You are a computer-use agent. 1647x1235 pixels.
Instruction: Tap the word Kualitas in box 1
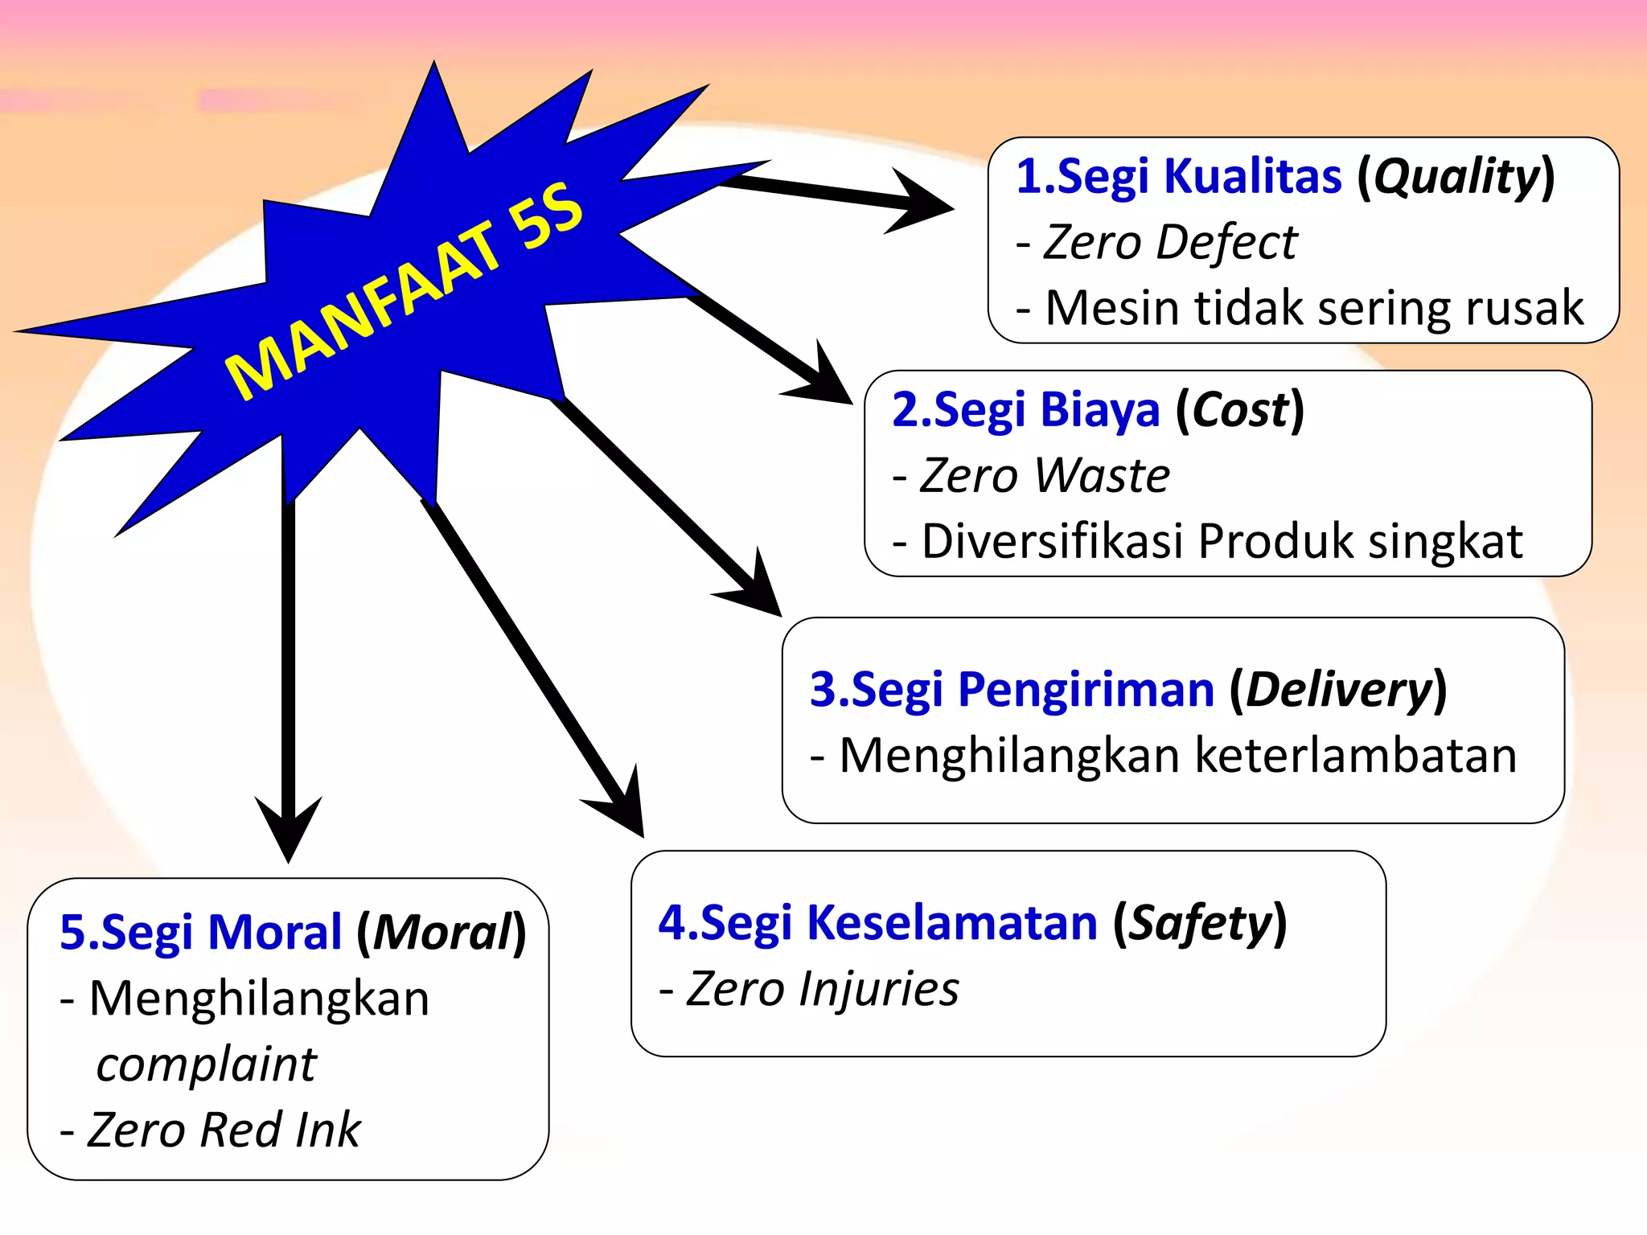(x=1252, y=176)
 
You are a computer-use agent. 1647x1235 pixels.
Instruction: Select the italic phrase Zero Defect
(x=1170, y=242)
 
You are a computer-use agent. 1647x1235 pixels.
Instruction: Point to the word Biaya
(x=1099, y=410)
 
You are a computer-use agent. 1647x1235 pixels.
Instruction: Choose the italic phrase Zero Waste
(x=1045, y=475)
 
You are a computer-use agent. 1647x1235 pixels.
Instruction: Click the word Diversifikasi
(x=1053, y=541)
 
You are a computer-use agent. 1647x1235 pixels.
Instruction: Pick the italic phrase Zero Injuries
(x=822, y=988)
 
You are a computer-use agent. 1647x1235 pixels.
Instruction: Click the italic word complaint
(x=206, y=1065)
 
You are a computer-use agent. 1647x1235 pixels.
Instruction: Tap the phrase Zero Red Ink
(x=224, y=1130)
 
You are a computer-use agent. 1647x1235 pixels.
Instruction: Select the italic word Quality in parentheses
(x=1456, y=176)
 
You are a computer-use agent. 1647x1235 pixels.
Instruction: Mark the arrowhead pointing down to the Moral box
(x=289, y=828)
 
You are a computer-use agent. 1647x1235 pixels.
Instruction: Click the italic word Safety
(x=1200, y=922)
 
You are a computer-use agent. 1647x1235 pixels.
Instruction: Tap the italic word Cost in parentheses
(x=1239, y=410)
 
